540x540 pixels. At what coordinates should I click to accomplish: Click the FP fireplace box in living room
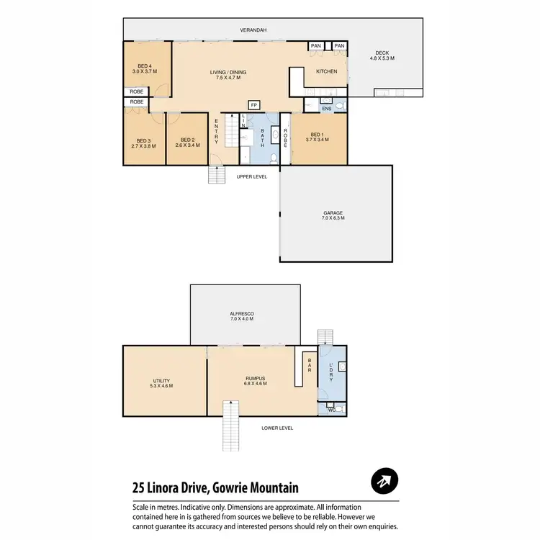253,104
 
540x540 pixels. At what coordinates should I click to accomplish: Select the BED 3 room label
144,140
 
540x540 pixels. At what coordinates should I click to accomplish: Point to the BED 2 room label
186,140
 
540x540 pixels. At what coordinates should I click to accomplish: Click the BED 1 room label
318,135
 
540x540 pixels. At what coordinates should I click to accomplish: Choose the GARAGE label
333,213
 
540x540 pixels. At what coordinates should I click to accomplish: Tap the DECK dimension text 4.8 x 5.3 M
382,58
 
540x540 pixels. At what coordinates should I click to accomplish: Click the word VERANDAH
253,30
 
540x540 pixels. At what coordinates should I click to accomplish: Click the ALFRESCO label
242,315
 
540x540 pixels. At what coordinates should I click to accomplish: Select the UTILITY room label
161,381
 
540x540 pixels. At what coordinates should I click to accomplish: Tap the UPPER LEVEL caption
252,176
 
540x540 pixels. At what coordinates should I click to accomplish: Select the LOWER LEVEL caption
277,428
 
